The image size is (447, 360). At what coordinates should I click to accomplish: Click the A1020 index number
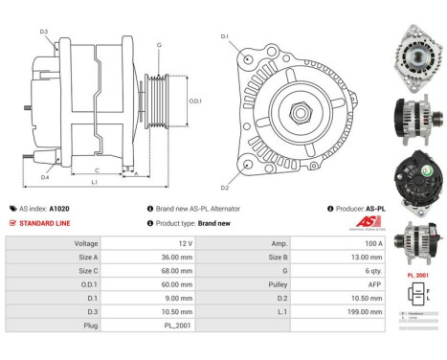tap(59, 208)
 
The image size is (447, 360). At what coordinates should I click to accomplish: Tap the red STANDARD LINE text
tap(46, 222)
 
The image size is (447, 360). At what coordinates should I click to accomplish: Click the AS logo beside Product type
tap(368, 223)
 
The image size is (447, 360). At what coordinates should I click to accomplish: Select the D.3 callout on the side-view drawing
tap(45, 32)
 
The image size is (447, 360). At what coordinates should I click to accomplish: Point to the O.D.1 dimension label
tap(194, 100)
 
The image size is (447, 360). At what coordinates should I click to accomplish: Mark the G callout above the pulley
tap(159, 45)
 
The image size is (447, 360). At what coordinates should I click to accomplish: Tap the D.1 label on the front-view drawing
tap(224, 36)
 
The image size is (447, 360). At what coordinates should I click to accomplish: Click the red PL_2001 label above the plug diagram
tap(417, 274)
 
